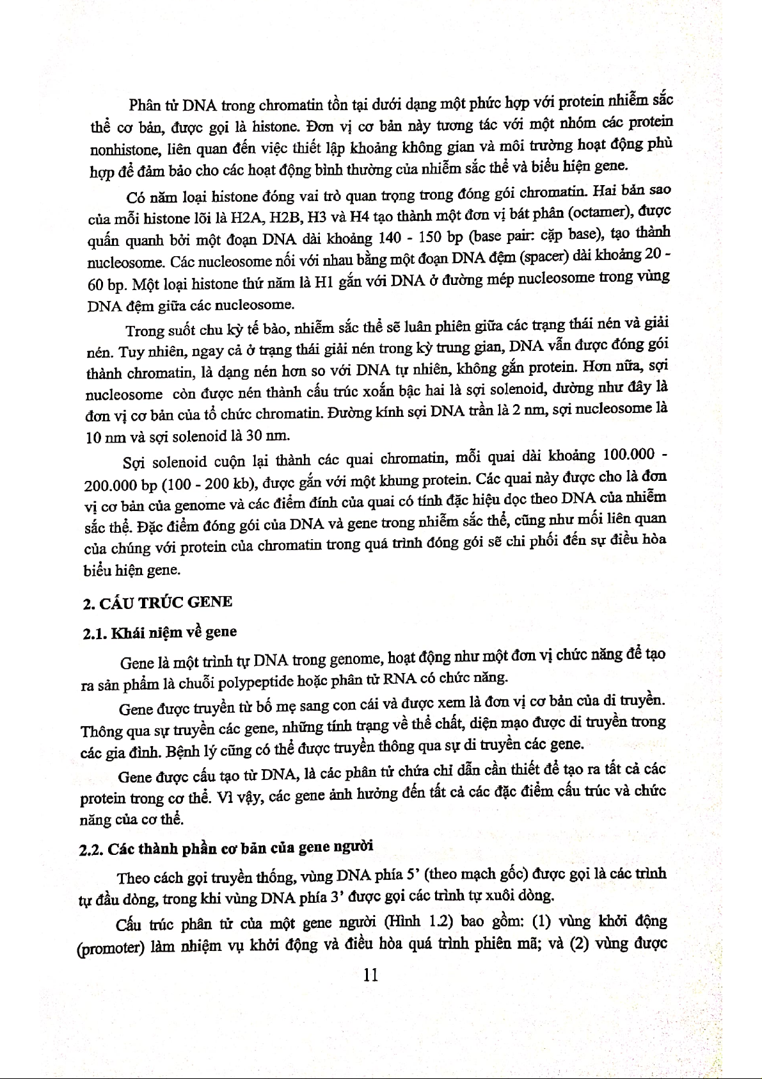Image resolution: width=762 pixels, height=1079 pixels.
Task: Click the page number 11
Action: (370, 975)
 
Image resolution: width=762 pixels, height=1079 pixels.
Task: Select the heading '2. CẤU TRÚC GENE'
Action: (157, 603)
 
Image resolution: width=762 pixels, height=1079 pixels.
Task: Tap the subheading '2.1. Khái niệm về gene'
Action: (160, 633)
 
